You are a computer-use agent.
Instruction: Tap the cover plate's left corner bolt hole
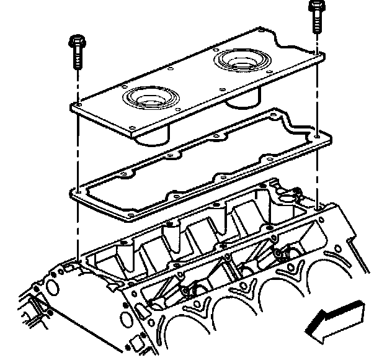(x=78, y=107)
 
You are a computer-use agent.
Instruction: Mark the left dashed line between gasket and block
(x=79, y=227)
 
